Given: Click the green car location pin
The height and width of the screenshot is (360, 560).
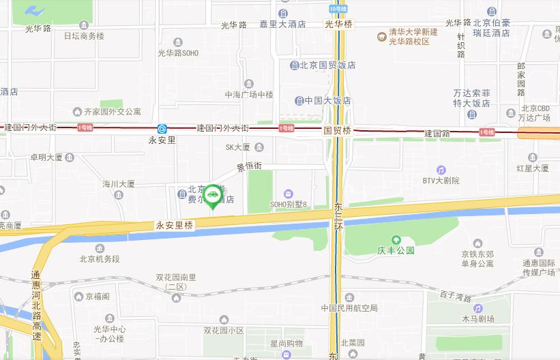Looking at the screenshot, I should click(213, 196).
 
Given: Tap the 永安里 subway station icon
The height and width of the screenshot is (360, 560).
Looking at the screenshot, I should click(162, 128).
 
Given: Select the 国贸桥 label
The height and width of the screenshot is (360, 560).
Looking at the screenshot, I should click(337, 130).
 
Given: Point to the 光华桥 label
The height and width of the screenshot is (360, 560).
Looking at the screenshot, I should click(339, 24).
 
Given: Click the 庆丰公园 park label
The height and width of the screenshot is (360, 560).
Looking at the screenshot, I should click(396, 250).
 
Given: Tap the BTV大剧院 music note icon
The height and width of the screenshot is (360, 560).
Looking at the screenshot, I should click(441, 170).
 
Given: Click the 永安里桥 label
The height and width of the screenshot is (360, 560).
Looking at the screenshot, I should click(175, 224).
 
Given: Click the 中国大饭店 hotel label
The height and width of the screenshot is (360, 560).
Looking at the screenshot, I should click(327, 100).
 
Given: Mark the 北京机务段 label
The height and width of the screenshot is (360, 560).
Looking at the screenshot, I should click(100, 258).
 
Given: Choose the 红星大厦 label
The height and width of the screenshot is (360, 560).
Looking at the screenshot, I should click(533, 168).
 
